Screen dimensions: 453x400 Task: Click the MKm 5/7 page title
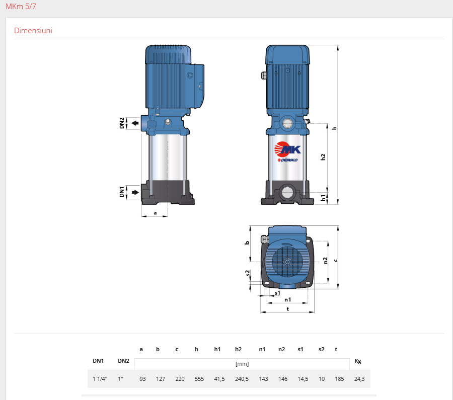21,7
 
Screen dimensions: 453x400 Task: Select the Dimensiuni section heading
33,31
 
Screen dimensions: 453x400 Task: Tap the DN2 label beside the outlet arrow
122,123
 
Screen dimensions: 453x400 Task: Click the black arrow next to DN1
135,192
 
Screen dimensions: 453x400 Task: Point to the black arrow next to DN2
135,123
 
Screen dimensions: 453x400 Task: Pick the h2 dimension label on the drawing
323,157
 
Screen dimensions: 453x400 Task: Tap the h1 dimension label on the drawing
323,198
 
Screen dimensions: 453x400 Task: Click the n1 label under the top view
288,300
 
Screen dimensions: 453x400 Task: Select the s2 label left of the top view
248,273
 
